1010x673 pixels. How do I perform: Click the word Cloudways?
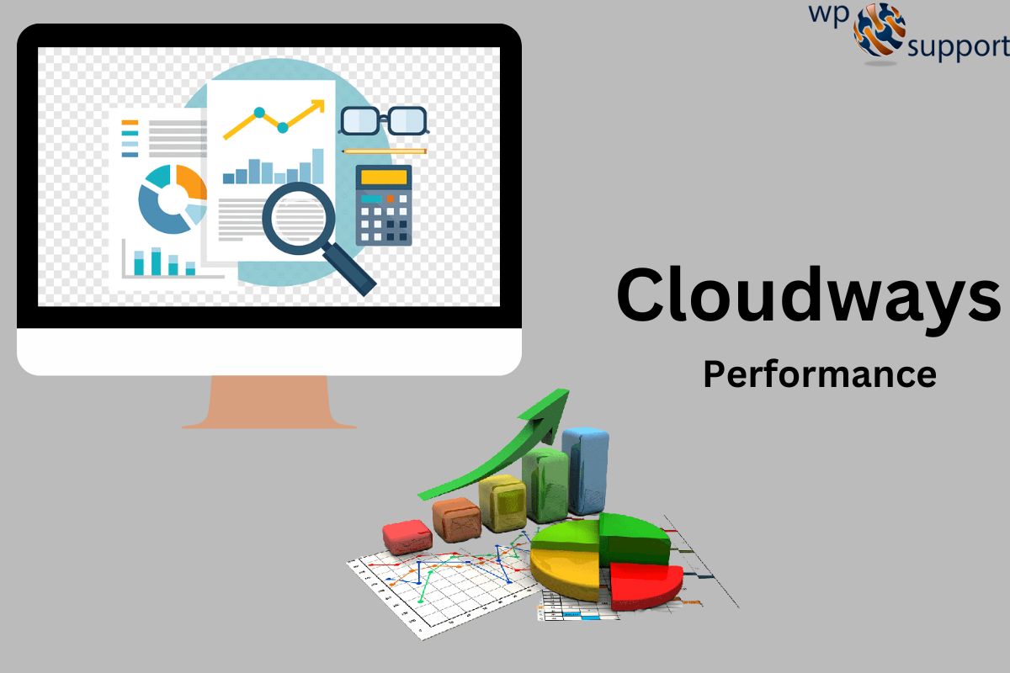(x=808, y=294)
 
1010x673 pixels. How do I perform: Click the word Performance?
(x=819, y=374)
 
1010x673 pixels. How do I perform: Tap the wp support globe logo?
(x=880, y=31)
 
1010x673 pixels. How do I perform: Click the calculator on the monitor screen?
(x=384, y=204)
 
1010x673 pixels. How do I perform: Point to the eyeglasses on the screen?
(x=383, y=120)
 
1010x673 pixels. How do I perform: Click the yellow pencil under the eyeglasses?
(x=384, y=151)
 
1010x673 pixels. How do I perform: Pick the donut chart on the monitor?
(x=172, y=199)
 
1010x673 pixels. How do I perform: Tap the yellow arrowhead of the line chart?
(x=317, y=106)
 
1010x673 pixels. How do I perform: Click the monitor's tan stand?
(x=269, y=402)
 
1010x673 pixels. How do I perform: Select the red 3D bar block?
(x=407, y=535)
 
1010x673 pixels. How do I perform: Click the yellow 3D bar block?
(x=502, y=502)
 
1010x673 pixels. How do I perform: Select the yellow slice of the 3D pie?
(x=564, y=568)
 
